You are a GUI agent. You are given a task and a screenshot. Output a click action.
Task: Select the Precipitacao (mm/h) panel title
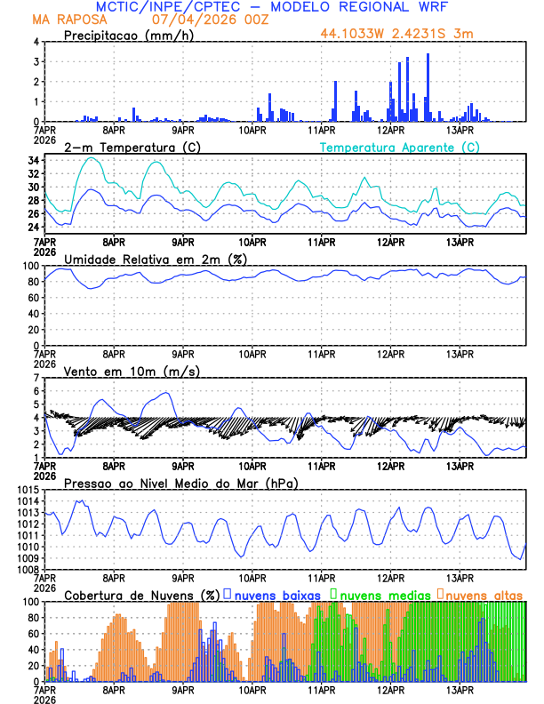coord(126,36)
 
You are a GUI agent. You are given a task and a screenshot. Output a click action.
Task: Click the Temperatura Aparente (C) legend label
coord(399,147)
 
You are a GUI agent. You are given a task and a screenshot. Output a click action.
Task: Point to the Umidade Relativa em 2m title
coord(155,259)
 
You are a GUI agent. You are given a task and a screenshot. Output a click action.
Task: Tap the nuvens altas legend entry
coord(480,595)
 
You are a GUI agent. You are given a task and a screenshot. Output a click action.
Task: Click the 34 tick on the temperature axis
coord(31,161)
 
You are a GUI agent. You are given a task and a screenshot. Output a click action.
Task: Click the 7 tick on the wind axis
coord(35,378)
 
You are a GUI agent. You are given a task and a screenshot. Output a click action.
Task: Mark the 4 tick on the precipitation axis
coord(35,42)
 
